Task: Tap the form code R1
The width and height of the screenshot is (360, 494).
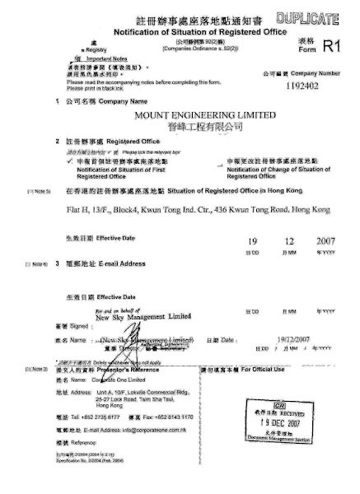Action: pos(331,48)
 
